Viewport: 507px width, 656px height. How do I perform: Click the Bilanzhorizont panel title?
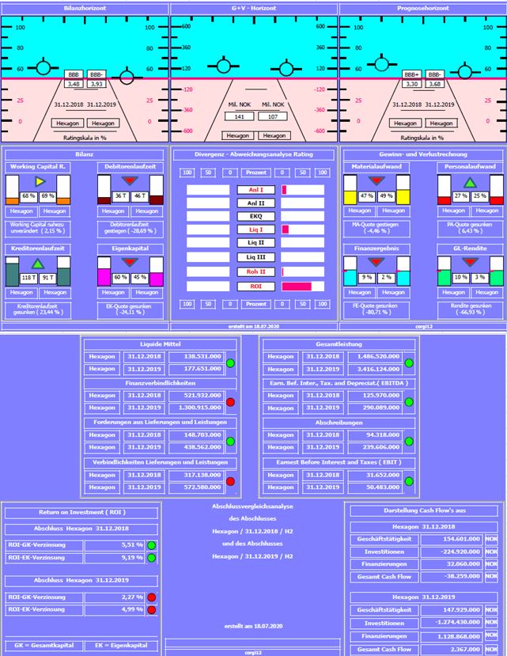(x=85, y=6)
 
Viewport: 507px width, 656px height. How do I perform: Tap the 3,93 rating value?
(x=97, y=83)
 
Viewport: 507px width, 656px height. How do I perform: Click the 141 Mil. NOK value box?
(x=238, y=116)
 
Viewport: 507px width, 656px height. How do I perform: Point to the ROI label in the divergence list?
(x=255, y=286)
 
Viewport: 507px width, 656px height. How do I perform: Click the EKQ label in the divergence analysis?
(x=255, y=216)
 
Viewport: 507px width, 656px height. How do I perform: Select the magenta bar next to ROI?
(x=297, y=286)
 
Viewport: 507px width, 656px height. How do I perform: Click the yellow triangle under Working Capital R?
(x=39, y=180)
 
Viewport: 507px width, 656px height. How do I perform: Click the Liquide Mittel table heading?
(x=161, y=343)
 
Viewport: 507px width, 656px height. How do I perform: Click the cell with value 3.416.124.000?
(x=372, y=367)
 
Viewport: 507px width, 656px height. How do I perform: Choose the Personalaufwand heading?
(x=469, y=167)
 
